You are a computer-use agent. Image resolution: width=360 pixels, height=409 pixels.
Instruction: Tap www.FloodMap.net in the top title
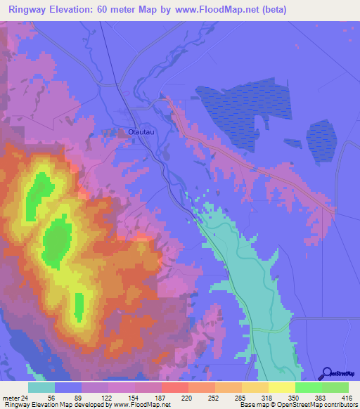(205, 10)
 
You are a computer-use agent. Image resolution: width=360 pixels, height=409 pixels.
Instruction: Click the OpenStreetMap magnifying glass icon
(326, 373)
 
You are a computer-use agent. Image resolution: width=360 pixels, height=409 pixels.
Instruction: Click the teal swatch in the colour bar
(41, 387)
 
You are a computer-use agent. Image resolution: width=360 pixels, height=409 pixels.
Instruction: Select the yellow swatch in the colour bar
(281, 387)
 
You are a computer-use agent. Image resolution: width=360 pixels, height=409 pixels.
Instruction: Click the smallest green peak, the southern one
(79, 304)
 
